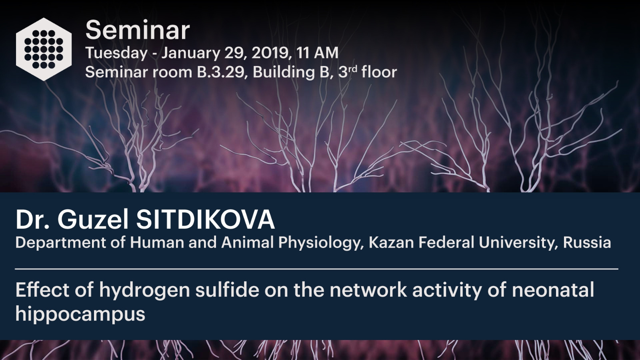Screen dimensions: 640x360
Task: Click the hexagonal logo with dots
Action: [x=44, y=49]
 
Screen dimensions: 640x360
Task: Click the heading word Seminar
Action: [x=138, y=30]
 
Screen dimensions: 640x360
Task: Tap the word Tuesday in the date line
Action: [x=116, y=53]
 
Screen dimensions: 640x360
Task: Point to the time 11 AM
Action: [x=317, y=53]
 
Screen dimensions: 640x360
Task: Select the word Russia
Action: [x=587, y=242]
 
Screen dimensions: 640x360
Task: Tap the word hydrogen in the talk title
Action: [x=144, y=290]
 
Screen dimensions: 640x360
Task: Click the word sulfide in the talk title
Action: [x=227, y=290]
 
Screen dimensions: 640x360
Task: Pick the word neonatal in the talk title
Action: [x=553, y=290]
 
